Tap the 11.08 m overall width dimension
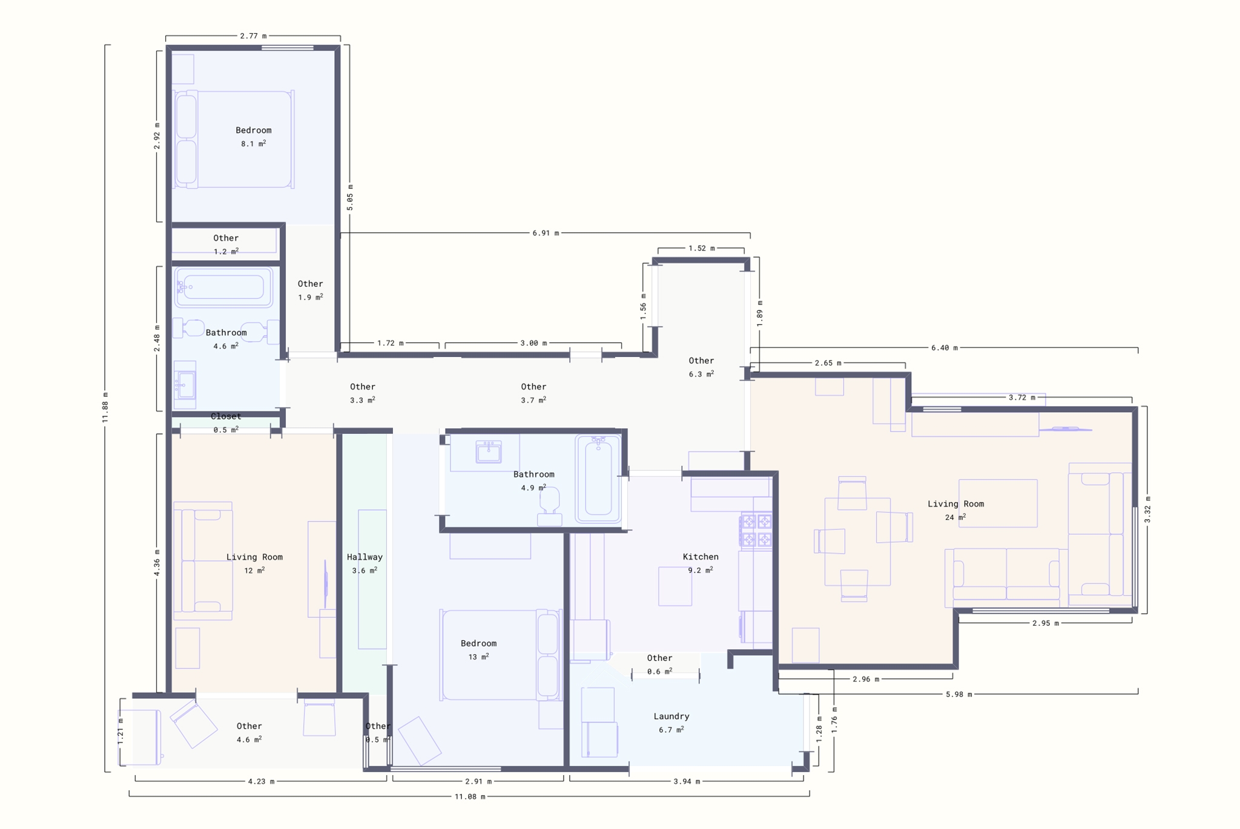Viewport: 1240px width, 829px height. tap(470, 796)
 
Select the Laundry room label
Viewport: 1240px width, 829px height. tap(671, 716)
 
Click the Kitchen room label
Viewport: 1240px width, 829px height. tap(701, 557)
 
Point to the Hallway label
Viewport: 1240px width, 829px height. tap(364, 557)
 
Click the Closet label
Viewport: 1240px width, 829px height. tap(226, 416)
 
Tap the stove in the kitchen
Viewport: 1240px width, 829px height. tap(756, 531)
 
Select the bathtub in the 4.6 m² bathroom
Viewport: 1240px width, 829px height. tap(223, 287)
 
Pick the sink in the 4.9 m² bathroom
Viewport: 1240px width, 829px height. tap(489, 451)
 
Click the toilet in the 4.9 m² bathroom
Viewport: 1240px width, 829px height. tap(550, 507)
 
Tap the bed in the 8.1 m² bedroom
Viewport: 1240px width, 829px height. tap(234, 139)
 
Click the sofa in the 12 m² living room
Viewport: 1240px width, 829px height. tap(203, 560)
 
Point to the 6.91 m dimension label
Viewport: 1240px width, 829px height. tap(546, 233)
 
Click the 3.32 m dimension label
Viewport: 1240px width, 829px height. tap(1147, 510)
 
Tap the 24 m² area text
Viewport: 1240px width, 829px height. tap(955, 517)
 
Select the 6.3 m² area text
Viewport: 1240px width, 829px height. tap(701, 374)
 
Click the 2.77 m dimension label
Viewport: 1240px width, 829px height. tap(253, 36)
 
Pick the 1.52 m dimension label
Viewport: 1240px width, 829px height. tap(701, 248)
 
